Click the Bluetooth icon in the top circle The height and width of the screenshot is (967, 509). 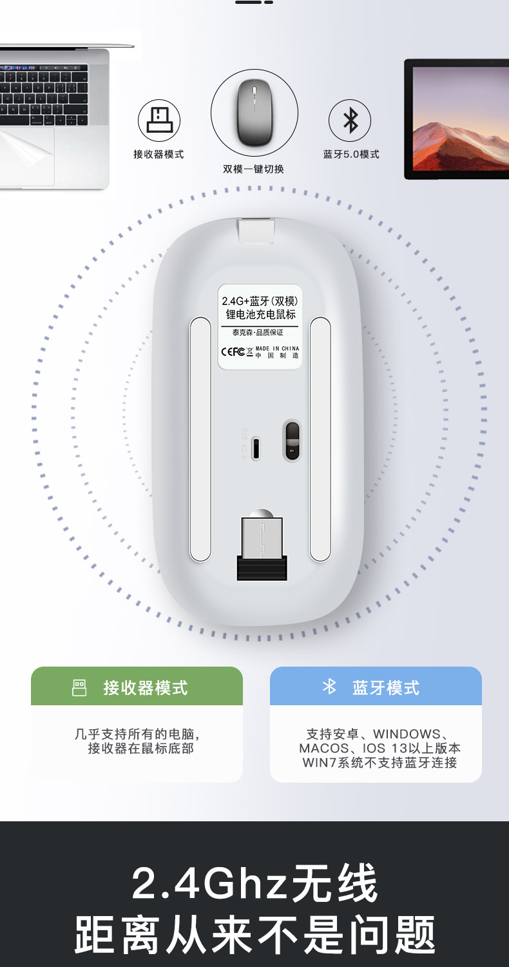tap(350, 121)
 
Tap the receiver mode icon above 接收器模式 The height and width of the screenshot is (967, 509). tap(158, 121)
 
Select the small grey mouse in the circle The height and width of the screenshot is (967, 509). tap(254, 112)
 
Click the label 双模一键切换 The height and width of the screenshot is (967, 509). tap(253, 169)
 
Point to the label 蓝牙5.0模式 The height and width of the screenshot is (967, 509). tap(351, 155)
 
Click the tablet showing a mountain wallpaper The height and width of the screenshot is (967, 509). tap(456, 119)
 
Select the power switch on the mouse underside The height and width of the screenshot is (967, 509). tap(292, 440)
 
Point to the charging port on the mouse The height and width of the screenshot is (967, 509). tap(256, 449)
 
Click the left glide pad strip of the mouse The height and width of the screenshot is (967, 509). tap(200, 438)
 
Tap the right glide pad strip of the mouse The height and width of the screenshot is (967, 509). tap(320, 438)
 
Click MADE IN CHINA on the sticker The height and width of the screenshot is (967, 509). tap(277, 349)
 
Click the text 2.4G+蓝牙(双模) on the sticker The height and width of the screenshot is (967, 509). tap(260, 301)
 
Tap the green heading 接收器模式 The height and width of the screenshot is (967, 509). tap(146, 688)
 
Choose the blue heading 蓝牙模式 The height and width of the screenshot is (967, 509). tap(385, 688)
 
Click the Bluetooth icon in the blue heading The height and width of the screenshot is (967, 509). tap(329, 687)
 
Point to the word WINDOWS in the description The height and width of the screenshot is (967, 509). tap(406, 734)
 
